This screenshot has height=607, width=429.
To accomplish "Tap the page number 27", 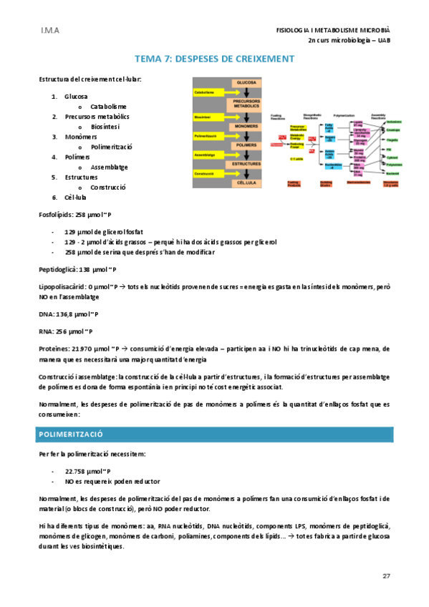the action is (386, 576).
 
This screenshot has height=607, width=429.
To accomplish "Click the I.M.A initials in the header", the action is (49, 31).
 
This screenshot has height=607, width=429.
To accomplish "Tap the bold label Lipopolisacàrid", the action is (63, 286).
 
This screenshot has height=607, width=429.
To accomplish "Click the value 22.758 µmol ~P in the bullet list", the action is (88, 471).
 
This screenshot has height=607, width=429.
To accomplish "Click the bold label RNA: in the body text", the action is (47, 331).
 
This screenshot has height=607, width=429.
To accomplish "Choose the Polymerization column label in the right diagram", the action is (334, 114).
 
